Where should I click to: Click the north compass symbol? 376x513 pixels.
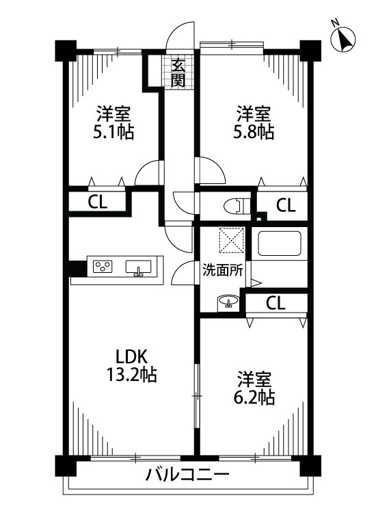[x=345, y=40]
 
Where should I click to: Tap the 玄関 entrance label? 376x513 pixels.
[x=178, y=73]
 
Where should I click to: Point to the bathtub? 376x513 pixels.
[x=280, y=244]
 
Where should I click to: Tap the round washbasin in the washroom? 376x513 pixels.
[x=228, y=301]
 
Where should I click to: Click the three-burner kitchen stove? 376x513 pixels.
[x=103, y=266]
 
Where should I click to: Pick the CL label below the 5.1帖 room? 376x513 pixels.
[x=96, y=202]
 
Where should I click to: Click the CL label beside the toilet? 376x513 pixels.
[x=286, y=205]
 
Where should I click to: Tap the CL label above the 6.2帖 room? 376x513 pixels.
[x=276, y=302]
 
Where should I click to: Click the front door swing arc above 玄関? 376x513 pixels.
[x=179, y=38]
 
